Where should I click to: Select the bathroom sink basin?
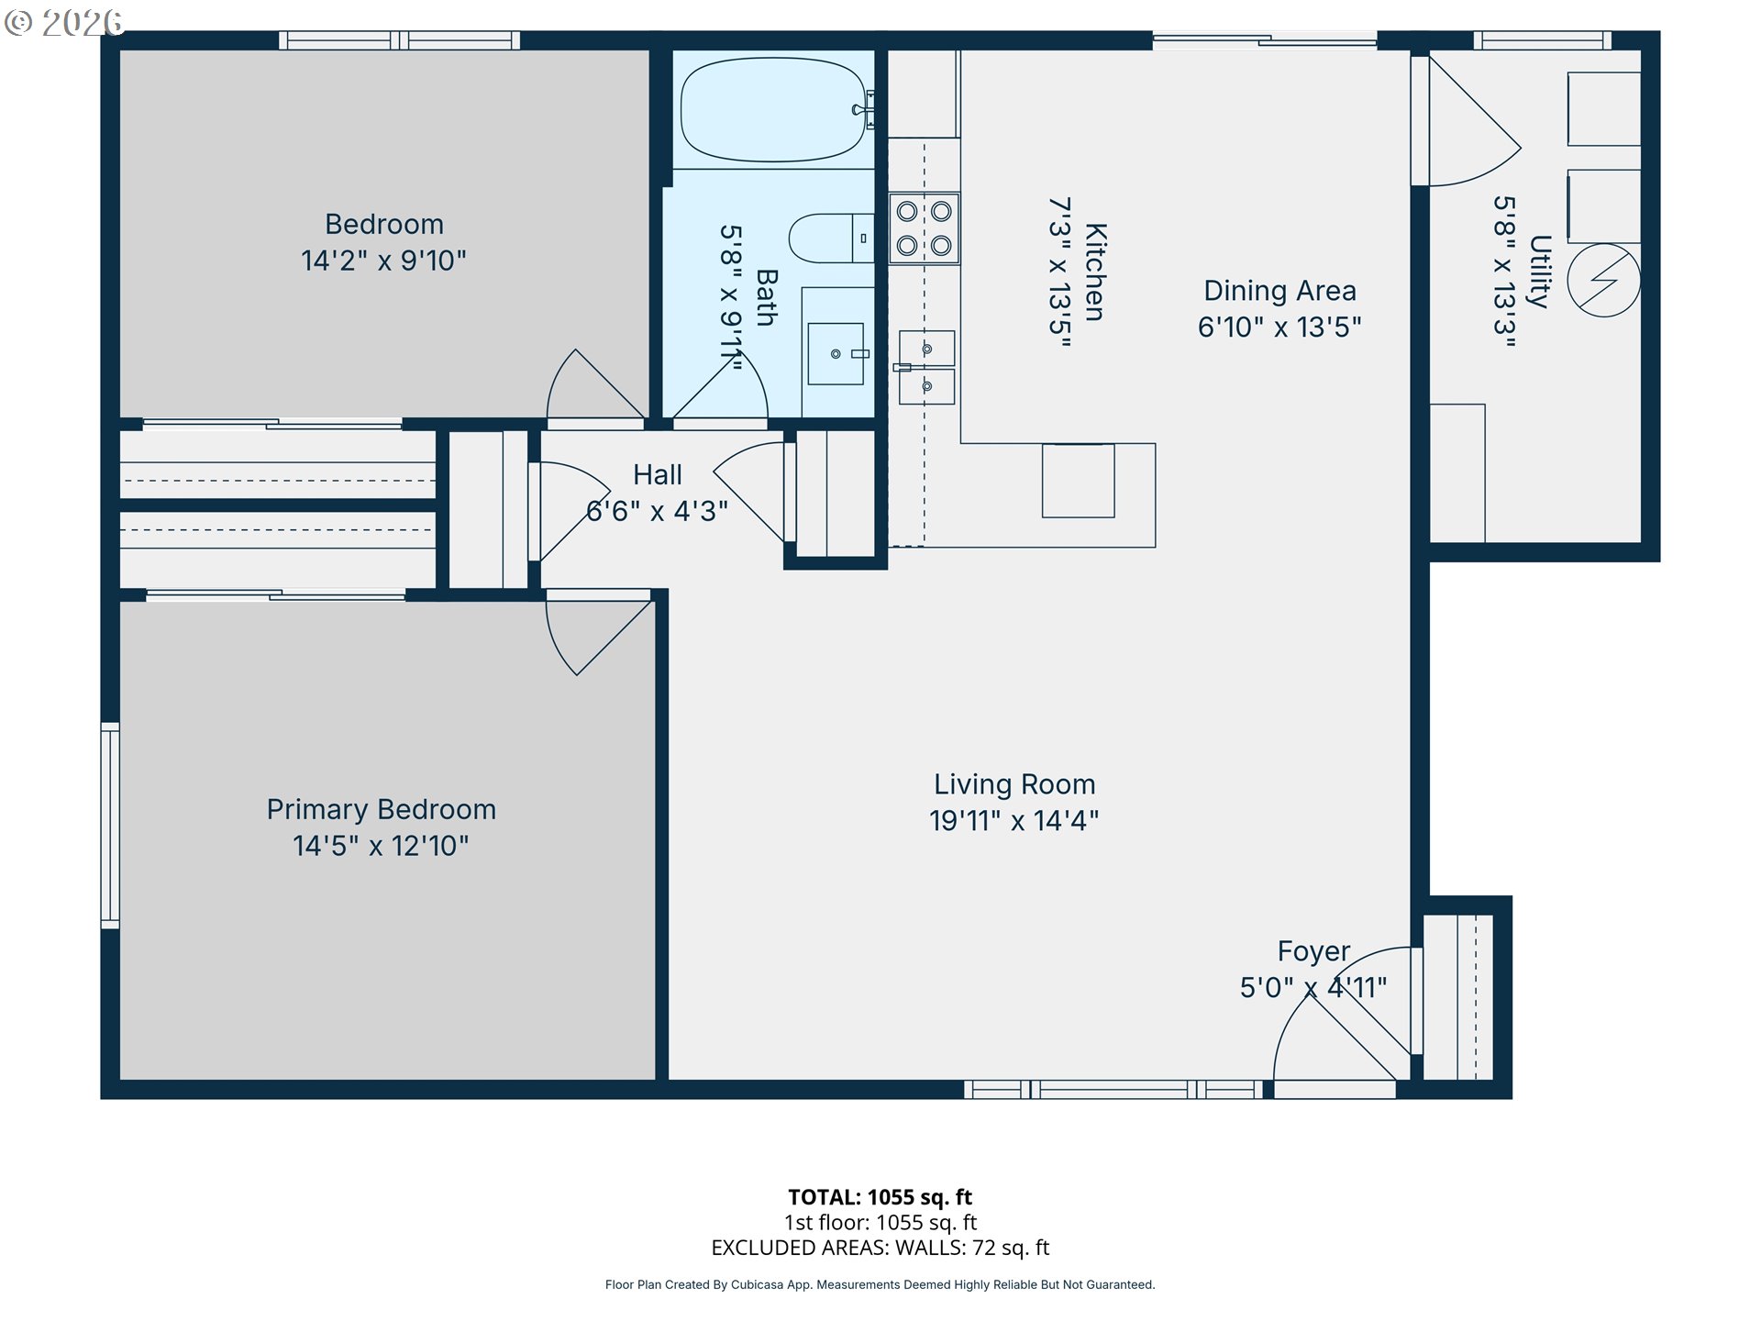pyautogui.click(x=835, y=353)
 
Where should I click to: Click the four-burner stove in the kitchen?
pyautogui.click(x=924, y=228)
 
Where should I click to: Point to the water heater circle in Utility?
pyautogui.click(x=1603, y=280)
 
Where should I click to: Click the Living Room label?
pyautogui.click(x=1014, y=784)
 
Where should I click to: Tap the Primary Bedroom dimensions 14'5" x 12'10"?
pyautogui.click(x=381, y=845)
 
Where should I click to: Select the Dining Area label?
pyautogui.click(x=1279, y=291)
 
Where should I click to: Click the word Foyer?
pyautogui.click(x=1313, y=951)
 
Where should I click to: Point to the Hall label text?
pyautogui.click(x=658, y=474)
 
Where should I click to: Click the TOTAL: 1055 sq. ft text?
pyautogui.click(x=880, y=1197)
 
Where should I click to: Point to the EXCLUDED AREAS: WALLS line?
pyautogui.click(x=880, y=1248)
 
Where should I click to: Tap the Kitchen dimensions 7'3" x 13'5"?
pyautogui.click(x=1060, y=272)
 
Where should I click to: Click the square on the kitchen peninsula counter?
pyautogui.click(x=1078, y=481)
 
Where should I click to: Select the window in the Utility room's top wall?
pyautogui.click(x=1543, y=40)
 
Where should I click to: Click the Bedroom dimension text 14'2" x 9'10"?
pyautogui.click(x=383, y=261)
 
